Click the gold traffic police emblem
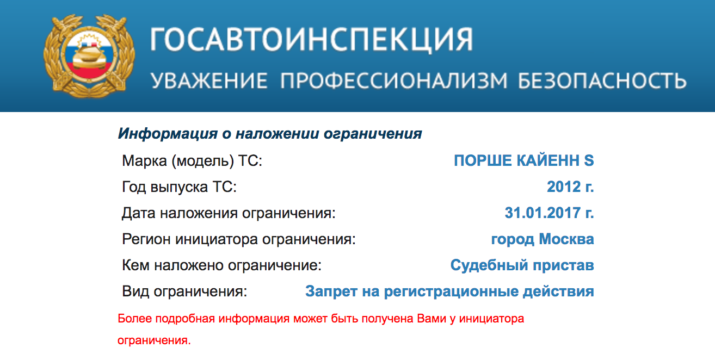[x=89, y=56]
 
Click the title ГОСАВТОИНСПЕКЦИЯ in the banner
[x=312, y=40]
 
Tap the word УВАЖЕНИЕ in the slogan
[x=209, y=80]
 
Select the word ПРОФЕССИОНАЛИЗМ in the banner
[x=394, y=80]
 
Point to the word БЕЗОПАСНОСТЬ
[x=602, y=80]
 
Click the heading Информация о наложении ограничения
[x=270, y=134]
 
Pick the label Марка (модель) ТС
[x=192, y=160]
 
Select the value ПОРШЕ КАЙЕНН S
[x=524, y=160]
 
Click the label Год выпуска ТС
[x=179, y=187]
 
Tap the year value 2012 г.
[x=570, y=187]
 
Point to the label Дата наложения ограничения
[x=229, y=213]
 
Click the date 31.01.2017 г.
[x=550, y=213]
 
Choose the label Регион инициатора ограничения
[x=239, y=239]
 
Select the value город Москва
[x=543, y=239]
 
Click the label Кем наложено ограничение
[x=221, y=265]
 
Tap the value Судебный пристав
[x=522, y=265]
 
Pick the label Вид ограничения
[x=184, y=291]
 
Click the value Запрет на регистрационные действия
[x=449, y=291]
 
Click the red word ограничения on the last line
[x=154, y=340]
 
